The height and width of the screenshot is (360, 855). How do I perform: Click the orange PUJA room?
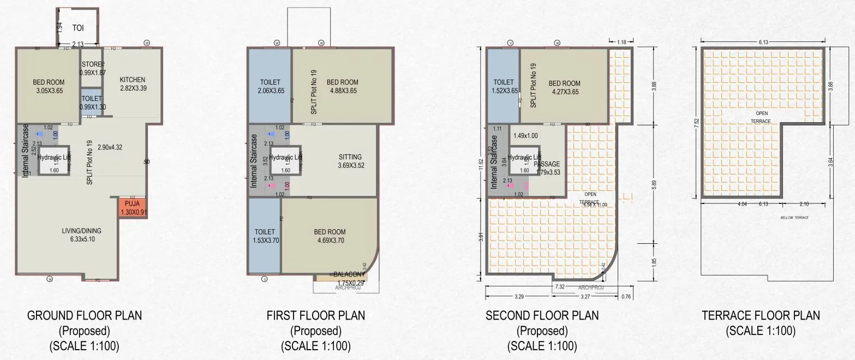pos(133,208)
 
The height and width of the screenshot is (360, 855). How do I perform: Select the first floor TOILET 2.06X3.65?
pos(270,86)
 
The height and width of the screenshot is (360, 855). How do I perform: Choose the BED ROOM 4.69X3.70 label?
pos(330,236)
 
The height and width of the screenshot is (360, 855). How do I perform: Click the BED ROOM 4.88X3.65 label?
pos(342,86)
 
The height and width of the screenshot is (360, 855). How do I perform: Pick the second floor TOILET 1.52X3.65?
pos(503,87)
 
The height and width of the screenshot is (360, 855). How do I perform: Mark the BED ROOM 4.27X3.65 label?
pos(564,87)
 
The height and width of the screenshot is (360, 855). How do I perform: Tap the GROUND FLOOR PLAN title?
pos(84,315)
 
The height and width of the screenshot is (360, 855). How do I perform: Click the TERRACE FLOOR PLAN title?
pos(761,315)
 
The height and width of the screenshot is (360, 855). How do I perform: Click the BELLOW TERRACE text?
pos(794,218)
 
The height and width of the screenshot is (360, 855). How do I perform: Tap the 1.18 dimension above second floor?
pos(621,42)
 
